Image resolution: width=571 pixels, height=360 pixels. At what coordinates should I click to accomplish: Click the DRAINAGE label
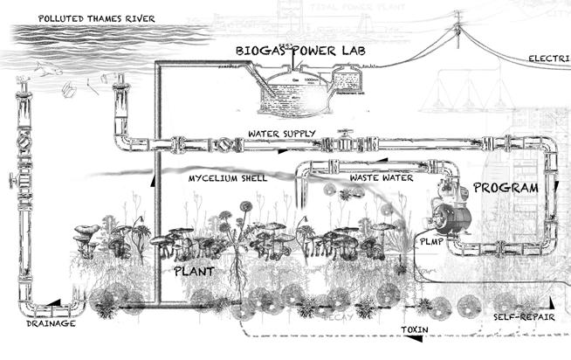[x=38, y=323]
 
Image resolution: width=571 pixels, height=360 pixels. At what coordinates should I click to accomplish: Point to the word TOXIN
[x=415, y=330]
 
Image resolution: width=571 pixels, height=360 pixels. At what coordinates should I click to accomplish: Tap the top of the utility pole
[x=456, y=32]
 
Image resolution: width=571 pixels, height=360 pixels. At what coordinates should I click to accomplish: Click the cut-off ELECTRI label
[x=549, y=59]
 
